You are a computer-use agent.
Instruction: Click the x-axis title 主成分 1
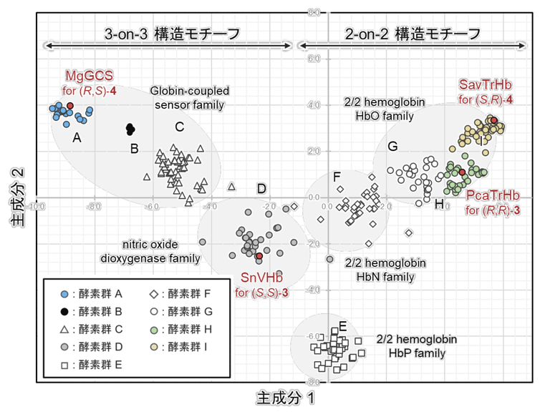285,395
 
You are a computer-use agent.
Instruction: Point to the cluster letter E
342,327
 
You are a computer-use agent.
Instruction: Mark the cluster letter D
261,188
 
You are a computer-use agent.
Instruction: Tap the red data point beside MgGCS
70,106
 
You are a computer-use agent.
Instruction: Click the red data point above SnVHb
259,256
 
